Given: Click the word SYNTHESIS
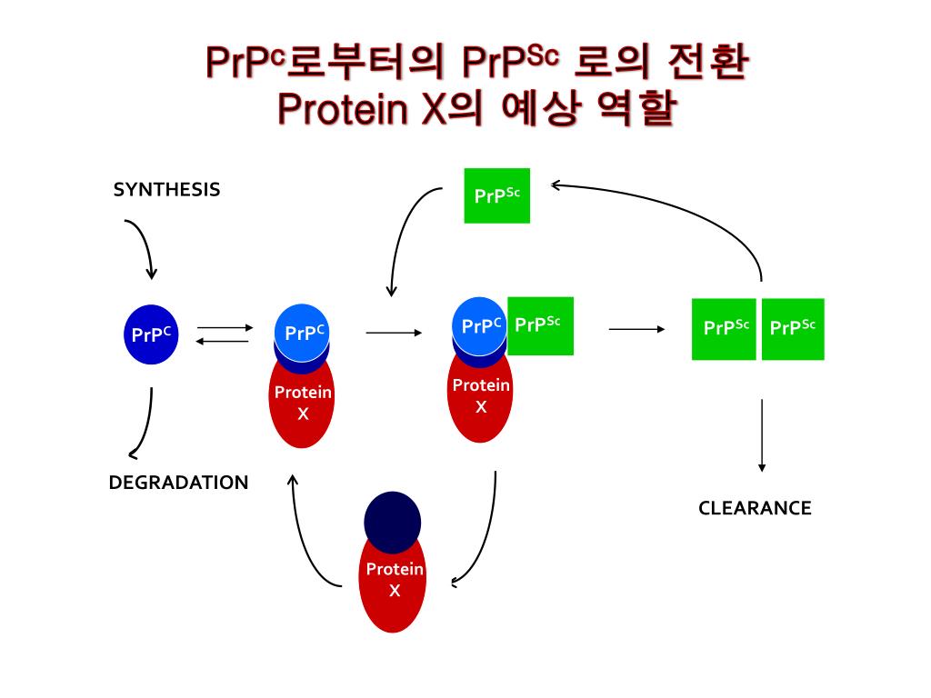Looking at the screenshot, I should [166, 189].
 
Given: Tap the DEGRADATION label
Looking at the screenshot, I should [178, 483].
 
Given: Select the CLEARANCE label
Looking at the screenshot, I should [755, 508].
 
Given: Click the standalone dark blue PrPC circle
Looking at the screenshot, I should [150, 334].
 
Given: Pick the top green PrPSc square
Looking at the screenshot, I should [496, 195].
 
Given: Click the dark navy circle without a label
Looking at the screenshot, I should [392, 522].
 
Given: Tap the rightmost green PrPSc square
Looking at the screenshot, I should [793, 329].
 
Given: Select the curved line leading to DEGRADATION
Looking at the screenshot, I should [145, 423].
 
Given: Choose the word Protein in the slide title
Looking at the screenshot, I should [341, 110].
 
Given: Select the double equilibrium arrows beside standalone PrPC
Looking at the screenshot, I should [223, 334].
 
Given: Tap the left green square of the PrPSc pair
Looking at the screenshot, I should [724, 329].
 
